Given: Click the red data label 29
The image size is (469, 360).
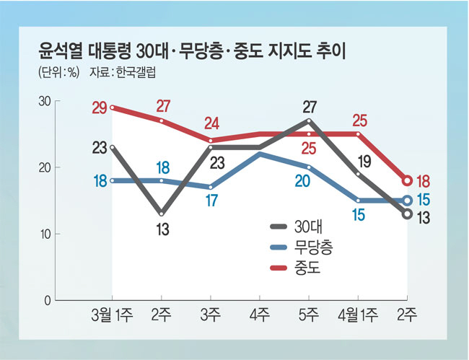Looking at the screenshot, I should [x=100, y=109].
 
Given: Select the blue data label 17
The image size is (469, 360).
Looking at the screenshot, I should [x=211, y=201].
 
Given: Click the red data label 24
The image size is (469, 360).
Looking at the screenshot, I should [x=212, y=122].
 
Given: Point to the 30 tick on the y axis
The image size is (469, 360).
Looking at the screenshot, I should [x=43, y=101].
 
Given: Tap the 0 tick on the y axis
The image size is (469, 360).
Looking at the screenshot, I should [x=47, y=299].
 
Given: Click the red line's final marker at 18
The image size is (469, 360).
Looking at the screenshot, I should [x=408, y=180].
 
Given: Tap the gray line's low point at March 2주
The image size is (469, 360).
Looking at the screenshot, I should [x=162, y=214].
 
